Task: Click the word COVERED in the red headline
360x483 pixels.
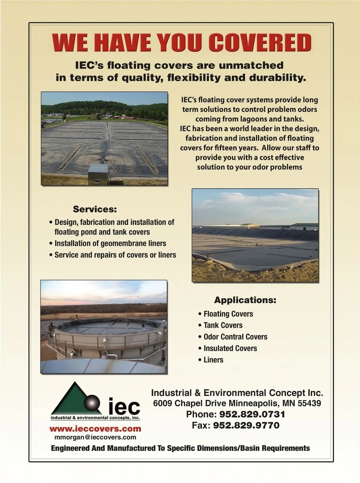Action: [x=260, y=42]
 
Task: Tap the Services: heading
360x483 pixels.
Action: [x=95, y=209]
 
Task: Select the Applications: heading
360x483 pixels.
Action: [x=245, y=300]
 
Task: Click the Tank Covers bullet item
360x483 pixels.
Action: [x=223, y=325]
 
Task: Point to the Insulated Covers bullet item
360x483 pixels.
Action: [x=230, y=348]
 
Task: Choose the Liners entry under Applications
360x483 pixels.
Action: [x=213, y=360]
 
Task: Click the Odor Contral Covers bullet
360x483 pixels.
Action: [x=235, y=337]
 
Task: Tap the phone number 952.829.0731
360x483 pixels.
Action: [x=252, y=414]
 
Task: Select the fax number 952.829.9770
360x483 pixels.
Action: [x=246, y=425]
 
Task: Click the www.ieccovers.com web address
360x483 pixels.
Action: [x=95, y=429]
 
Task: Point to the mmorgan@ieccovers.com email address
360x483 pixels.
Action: [x=95, y=437]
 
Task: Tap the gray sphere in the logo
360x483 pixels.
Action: [x=92, y=404]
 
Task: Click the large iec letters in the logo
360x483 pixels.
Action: [x=124, y=406]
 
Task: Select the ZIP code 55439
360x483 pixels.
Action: [x=309, y=403]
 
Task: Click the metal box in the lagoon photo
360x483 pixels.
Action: [x=97, y=174]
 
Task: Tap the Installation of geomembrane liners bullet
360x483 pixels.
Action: [x=110, y=244]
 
